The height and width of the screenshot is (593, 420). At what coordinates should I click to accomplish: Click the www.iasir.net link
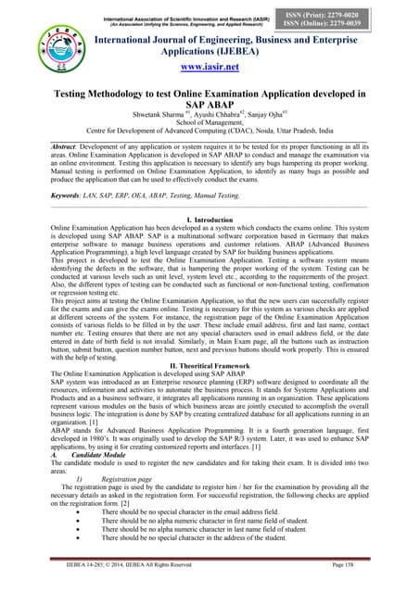click(212, 68)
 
